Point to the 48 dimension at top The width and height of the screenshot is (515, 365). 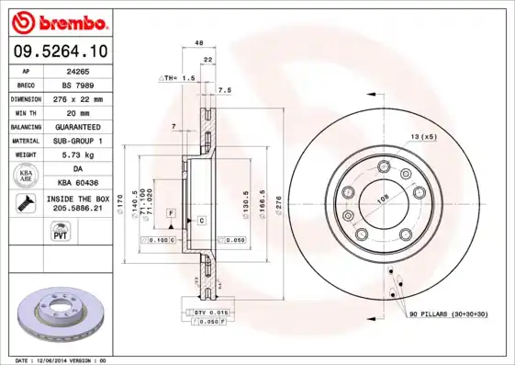point(198,43)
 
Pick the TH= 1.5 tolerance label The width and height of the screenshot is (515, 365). point(181,80)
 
